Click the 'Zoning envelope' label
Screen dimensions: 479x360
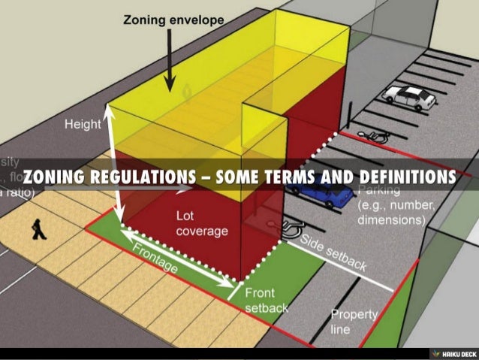pyautogui.click(x=173, y=20)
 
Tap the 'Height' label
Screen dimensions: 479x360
pyautogui.click(x=83, y=125)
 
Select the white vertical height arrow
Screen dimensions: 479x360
pyautogui.click(x=114, y=162)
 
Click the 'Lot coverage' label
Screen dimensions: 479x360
pyautogui.click(x=201, y=223)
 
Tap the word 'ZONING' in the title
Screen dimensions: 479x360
pyautogui.click(x=53, y=177)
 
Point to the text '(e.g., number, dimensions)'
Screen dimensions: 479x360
pyautogui.click(x=393, y=213)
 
